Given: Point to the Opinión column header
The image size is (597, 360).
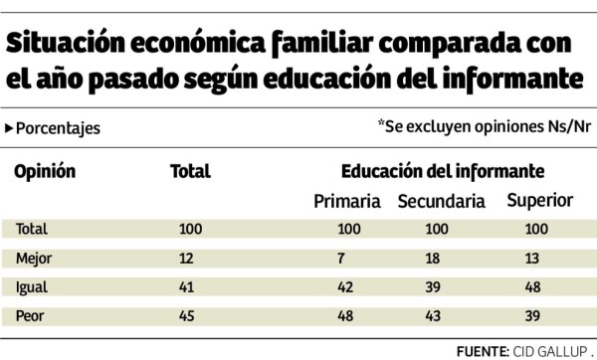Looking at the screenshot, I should tap(44, 171).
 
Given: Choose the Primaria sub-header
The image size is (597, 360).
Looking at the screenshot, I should tap(347, 202).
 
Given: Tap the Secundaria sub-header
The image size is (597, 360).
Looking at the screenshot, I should tap(441, 202).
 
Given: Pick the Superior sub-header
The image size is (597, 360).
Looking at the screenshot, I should tap(540, 201).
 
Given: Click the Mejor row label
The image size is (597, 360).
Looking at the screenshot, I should tap(34, 259).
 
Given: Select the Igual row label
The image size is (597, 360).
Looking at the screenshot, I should tap(32, 287).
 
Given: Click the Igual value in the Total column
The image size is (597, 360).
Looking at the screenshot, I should tap(187, 287).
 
